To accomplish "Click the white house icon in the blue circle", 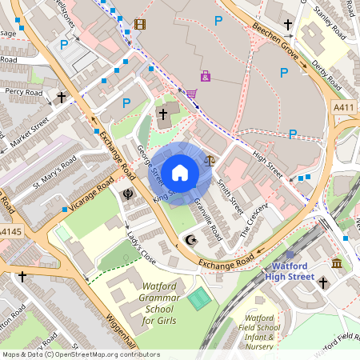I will [x=180, y=172].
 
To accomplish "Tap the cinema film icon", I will [x=141, y=24].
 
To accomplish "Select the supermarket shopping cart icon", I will [x=191, y=94].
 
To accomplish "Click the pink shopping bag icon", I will [x=206, y=76].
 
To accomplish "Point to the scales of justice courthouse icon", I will [x=210, y=159].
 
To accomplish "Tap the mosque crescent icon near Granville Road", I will [x=190, y=239].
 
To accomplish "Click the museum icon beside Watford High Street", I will [x=337, y=263].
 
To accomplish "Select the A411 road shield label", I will [x=344, y=107].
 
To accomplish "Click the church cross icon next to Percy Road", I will [x=62, y=98].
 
